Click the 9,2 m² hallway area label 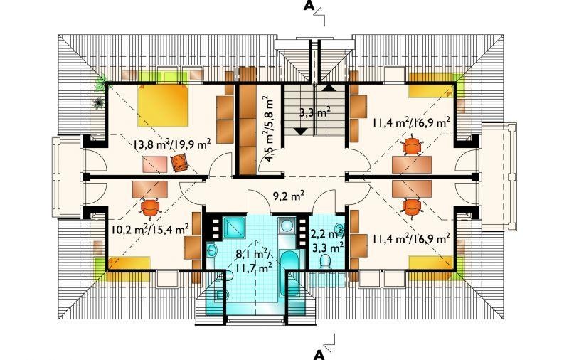tap(288, 196)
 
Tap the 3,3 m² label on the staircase tap(314, 112)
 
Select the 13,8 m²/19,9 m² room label tap(172, 145)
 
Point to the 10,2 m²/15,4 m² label tap(150, 228)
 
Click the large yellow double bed tap(163, 105)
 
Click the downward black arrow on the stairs tap(301, 132)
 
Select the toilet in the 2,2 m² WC tap(326, 262)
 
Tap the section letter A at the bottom tap(319, 354)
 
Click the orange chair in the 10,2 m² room tap(150, 206)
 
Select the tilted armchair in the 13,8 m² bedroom tap(179, 163)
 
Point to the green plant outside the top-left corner tap(101, 83)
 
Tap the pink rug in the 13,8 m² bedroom tap(155, 164)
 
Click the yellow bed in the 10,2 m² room tap(129, 263)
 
